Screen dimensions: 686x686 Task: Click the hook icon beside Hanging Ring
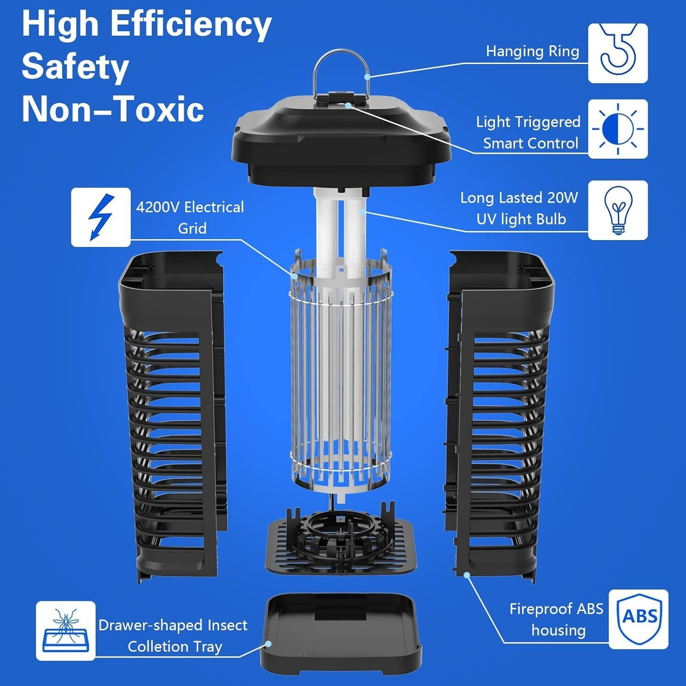point(617,53)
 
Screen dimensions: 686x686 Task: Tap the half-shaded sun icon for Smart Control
point(617,129)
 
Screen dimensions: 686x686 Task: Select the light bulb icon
point(617,210)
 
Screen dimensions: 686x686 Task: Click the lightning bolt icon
point(101,217)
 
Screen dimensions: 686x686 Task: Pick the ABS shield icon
point(638,619)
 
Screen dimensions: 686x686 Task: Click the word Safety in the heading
point(75,67)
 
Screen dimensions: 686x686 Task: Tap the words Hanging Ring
point(532,51)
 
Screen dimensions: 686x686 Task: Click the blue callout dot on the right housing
point(467,574)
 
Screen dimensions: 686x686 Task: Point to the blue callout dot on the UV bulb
point(362,211)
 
